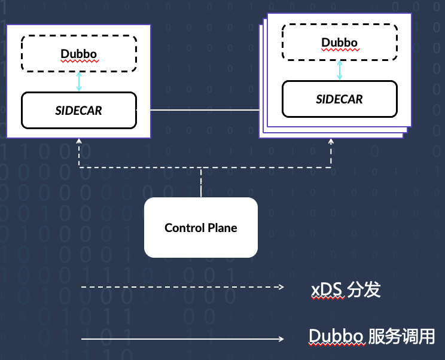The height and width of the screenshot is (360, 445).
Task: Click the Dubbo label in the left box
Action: tap(79, 54)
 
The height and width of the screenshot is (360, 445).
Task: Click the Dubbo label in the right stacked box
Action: tap(339, 42)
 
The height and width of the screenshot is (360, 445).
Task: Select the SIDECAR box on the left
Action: tap(79, 111)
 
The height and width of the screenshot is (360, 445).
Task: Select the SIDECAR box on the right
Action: tap(339, 99)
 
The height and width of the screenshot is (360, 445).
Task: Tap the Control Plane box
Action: tap(201, 228)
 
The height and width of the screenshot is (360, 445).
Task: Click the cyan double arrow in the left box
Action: tap(79, 81)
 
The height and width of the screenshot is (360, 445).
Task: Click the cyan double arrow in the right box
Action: tap(340, 70)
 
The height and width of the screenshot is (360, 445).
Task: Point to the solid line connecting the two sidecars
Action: tap(203, 110)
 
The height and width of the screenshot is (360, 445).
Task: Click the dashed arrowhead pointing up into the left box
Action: tap(79, 142)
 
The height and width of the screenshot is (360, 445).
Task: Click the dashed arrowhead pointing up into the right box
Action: tap(331, 142)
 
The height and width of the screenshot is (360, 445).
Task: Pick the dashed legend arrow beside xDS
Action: tap(182, 288)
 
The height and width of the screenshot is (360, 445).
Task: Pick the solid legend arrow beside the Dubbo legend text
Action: tap(182, 339)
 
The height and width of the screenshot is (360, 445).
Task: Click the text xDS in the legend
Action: tap(327, 291)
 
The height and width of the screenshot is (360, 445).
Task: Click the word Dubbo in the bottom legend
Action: tap(336, 337)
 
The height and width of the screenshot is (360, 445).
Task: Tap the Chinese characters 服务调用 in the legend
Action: tap(402, 337)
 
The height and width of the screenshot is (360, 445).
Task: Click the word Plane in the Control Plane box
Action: tap(222, 228)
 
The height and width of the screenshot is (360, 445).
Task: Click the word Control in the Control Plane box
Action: tap(185, 228)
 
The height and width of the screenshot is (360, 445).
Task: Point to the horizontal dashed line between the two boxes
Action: tap(144, 168)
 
